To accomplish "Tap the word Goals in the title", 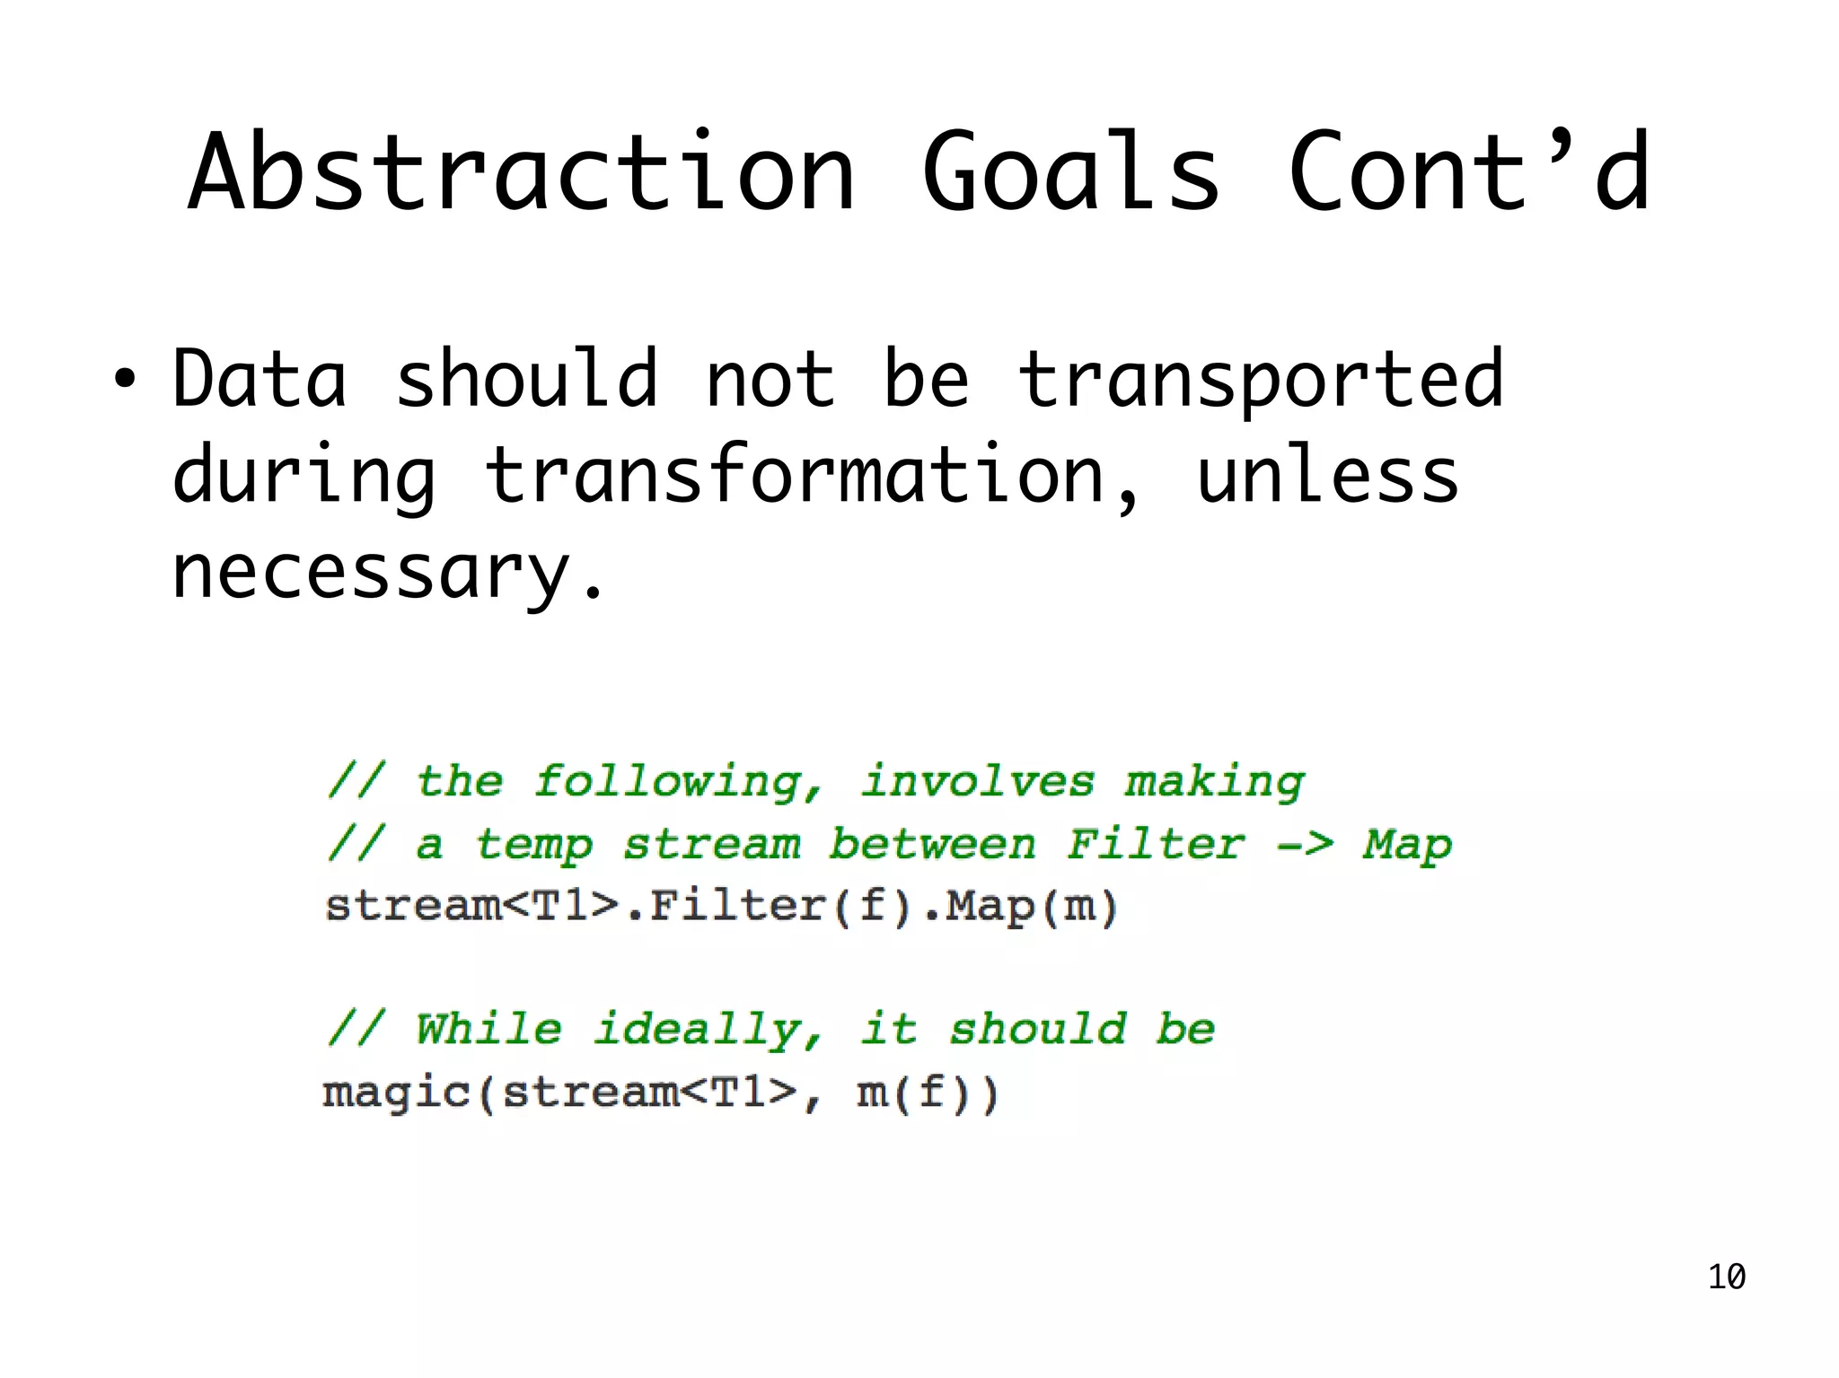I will (1070, 172).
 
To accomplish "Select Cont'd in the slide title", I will (1468, 172).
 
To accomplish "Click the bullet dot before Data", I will (125, 380).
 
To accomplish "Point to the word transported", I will (1260, 380).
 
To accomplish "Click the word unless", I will (1327, 476).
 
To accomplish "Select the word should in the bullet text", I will (527, 380).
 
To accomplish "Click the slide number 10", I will (1726, 1277).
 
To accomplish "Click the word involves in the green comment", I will (978, 782).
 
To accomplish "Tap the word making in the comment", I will (1214, 782).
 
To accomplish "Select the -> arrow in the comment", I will (1305, 845).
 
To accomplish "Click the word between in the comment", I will (932, 845).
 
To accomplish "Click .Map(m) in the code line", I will (1020, 906).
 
